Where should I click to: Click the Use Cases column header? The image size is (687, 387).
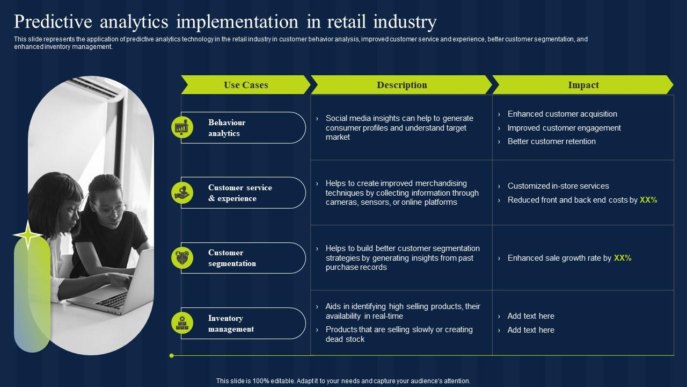point(246,85)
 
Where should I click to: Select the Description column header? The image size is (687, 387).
point(401,85)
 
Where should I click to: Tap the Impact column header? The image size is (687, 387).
point(583,85)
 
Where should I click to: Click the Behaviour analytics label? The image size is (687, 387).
point(226,128)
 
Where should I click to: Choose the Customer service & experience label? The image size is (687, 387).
point(240,193)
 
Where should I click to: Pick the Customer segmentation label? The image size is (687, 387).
point(232,258)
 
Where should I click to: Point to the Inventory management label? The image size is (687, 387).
point(231,324)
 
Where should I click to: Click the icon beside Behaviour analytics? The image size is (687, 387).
point(182,127)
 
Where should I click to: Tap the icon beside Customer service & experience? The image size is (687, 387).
point(182,192)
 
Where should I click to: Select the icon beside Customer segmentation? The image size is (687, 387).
point(182,258)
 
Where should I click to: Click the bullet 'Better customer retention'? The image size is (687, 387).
point(551,141)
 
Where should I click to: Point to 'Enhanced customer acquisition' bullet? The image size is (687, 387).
point(562,114)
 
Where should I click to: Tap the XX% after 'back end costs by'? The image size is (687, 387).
point(648,200)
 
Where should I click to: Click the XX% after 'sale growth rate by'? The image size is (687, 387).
point(623,258)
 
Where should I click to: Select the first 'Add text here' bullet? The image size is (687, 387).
point(530,316)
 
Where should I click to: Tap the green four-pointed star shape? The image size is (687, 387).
point(28,234)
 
